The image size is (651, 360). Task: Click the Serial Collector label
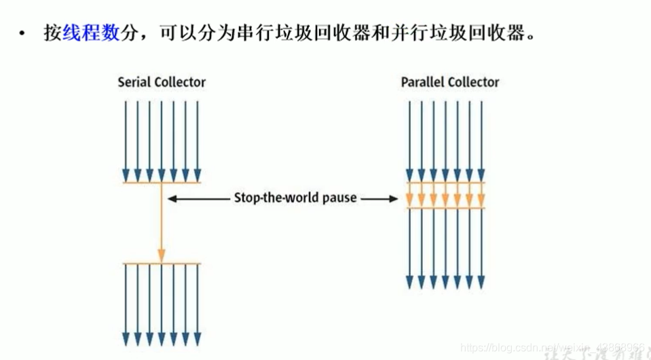162,82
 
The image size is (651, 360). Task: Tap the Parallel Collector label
449,82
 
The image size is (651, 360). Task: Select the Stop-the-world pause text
295,198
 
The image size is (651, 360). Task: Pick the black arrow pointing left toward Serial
197,198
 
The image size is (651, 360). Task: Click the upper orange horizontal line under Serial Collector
162,183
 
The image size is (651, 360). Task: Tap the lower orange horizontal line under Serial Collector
162,263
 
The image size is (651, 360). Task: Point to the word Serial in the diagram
134,82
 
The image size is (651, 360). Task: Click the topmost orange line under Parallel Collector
444,183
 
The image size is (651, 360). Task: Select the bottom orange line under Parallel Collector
444,207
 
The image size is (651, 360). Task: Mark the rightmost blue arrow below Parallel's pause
481,248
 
